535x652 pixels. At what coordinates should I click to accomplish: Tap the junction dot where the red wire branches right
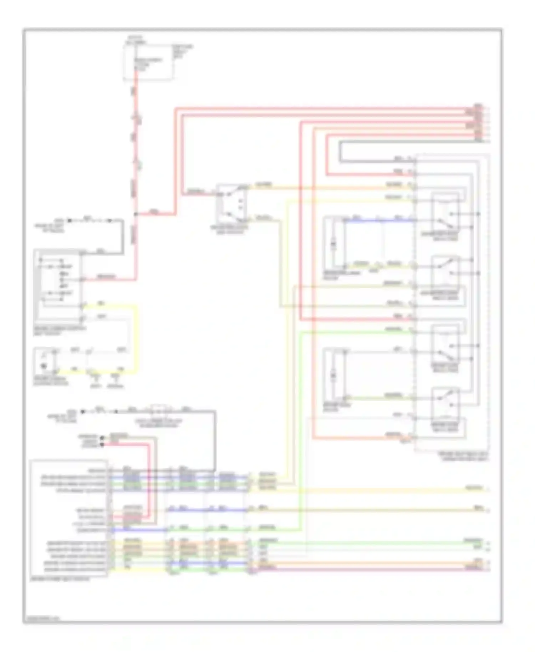coord(136,214)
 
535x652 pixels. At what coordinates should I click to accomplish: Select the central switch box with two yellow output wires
coord(231,203)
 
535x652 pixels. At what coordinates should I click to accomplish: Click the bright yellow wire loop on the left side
coord(136,339)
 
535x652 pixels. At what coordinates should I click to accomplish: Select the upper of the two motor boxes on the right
coord(334,243)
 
